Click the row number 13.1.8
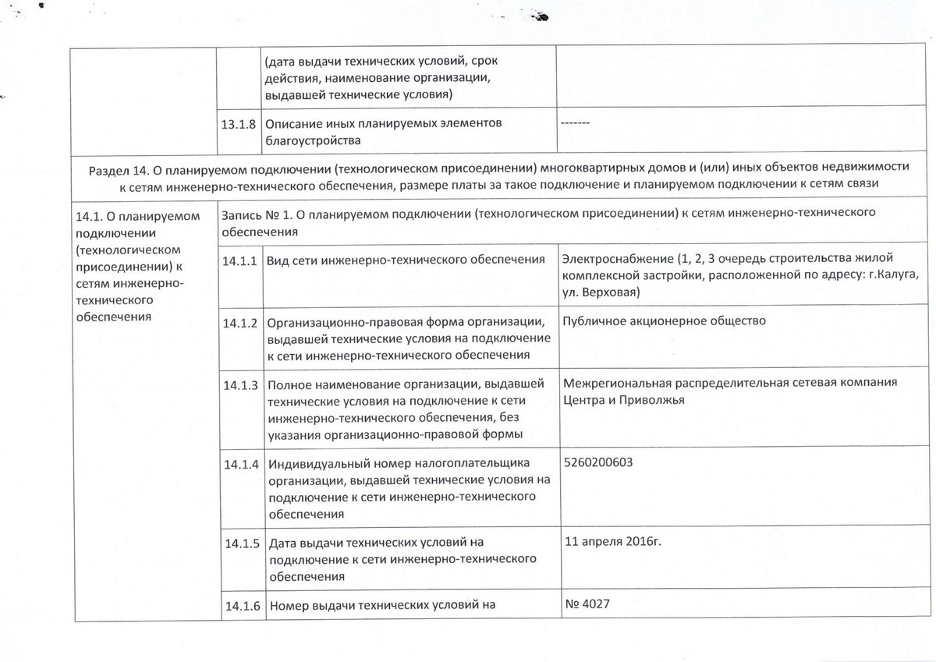pyautogui.click(x=239, y=125)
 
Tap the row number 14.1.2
pyautogui.click(x=239, y=323)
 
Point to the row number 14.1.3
pyautogui.click(x=239, y=385)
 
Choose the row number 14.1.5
pyautogui.click(x=239, y=544)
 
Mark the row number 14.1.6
pyautogui.click(x=239, y=605)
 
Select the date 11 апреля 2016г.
pyautogui.click(x=612, y=542)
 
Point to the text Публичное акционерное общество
pyautogui.click(x=664, y=320)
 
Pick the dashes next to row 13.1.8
pyautogui.click(x=576, y=125)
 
